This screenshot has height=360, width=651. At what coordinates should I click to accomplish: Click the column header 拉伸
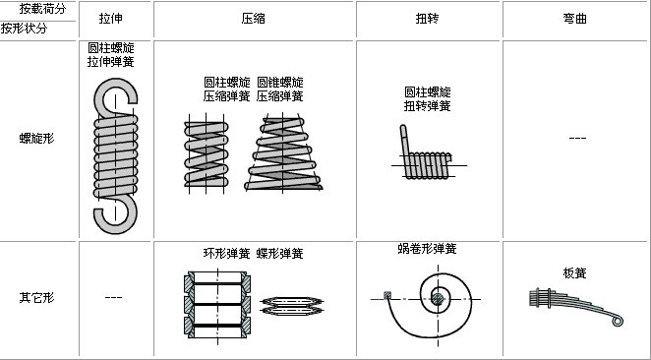pos(111,19)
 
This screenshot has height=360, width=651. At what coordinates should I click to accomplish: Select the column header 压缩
pos(254,19)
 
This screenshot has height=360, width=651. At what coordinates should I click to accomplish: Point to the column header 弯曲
pos(575,19)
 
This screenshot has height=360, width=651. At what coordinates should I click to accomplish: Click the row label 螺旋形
pos(36,138)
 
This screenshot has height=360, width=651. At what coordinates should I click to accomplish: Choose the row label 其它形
pos(36,296)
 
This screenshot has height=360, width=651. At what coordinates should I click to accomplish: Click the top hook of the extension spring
pos(115,94)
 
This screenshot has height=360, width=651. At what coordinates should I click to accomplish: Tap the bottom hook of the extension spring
pos(115,212)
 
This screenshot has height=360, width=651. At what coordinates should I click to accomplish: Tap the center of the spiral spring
pos(436,297)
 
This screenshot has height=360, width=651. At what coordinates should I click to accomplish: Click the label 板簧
pos(575,272)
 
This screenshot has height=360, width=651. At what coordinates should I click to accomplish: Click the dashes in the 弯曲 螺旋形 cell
pos(577,138)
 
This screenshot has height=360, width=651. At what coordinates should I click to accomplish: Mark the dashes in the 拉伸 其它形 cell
pos(113,296)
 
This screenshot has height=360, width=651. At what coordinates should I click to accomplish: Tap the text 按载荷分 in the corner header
pos(43,8)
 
